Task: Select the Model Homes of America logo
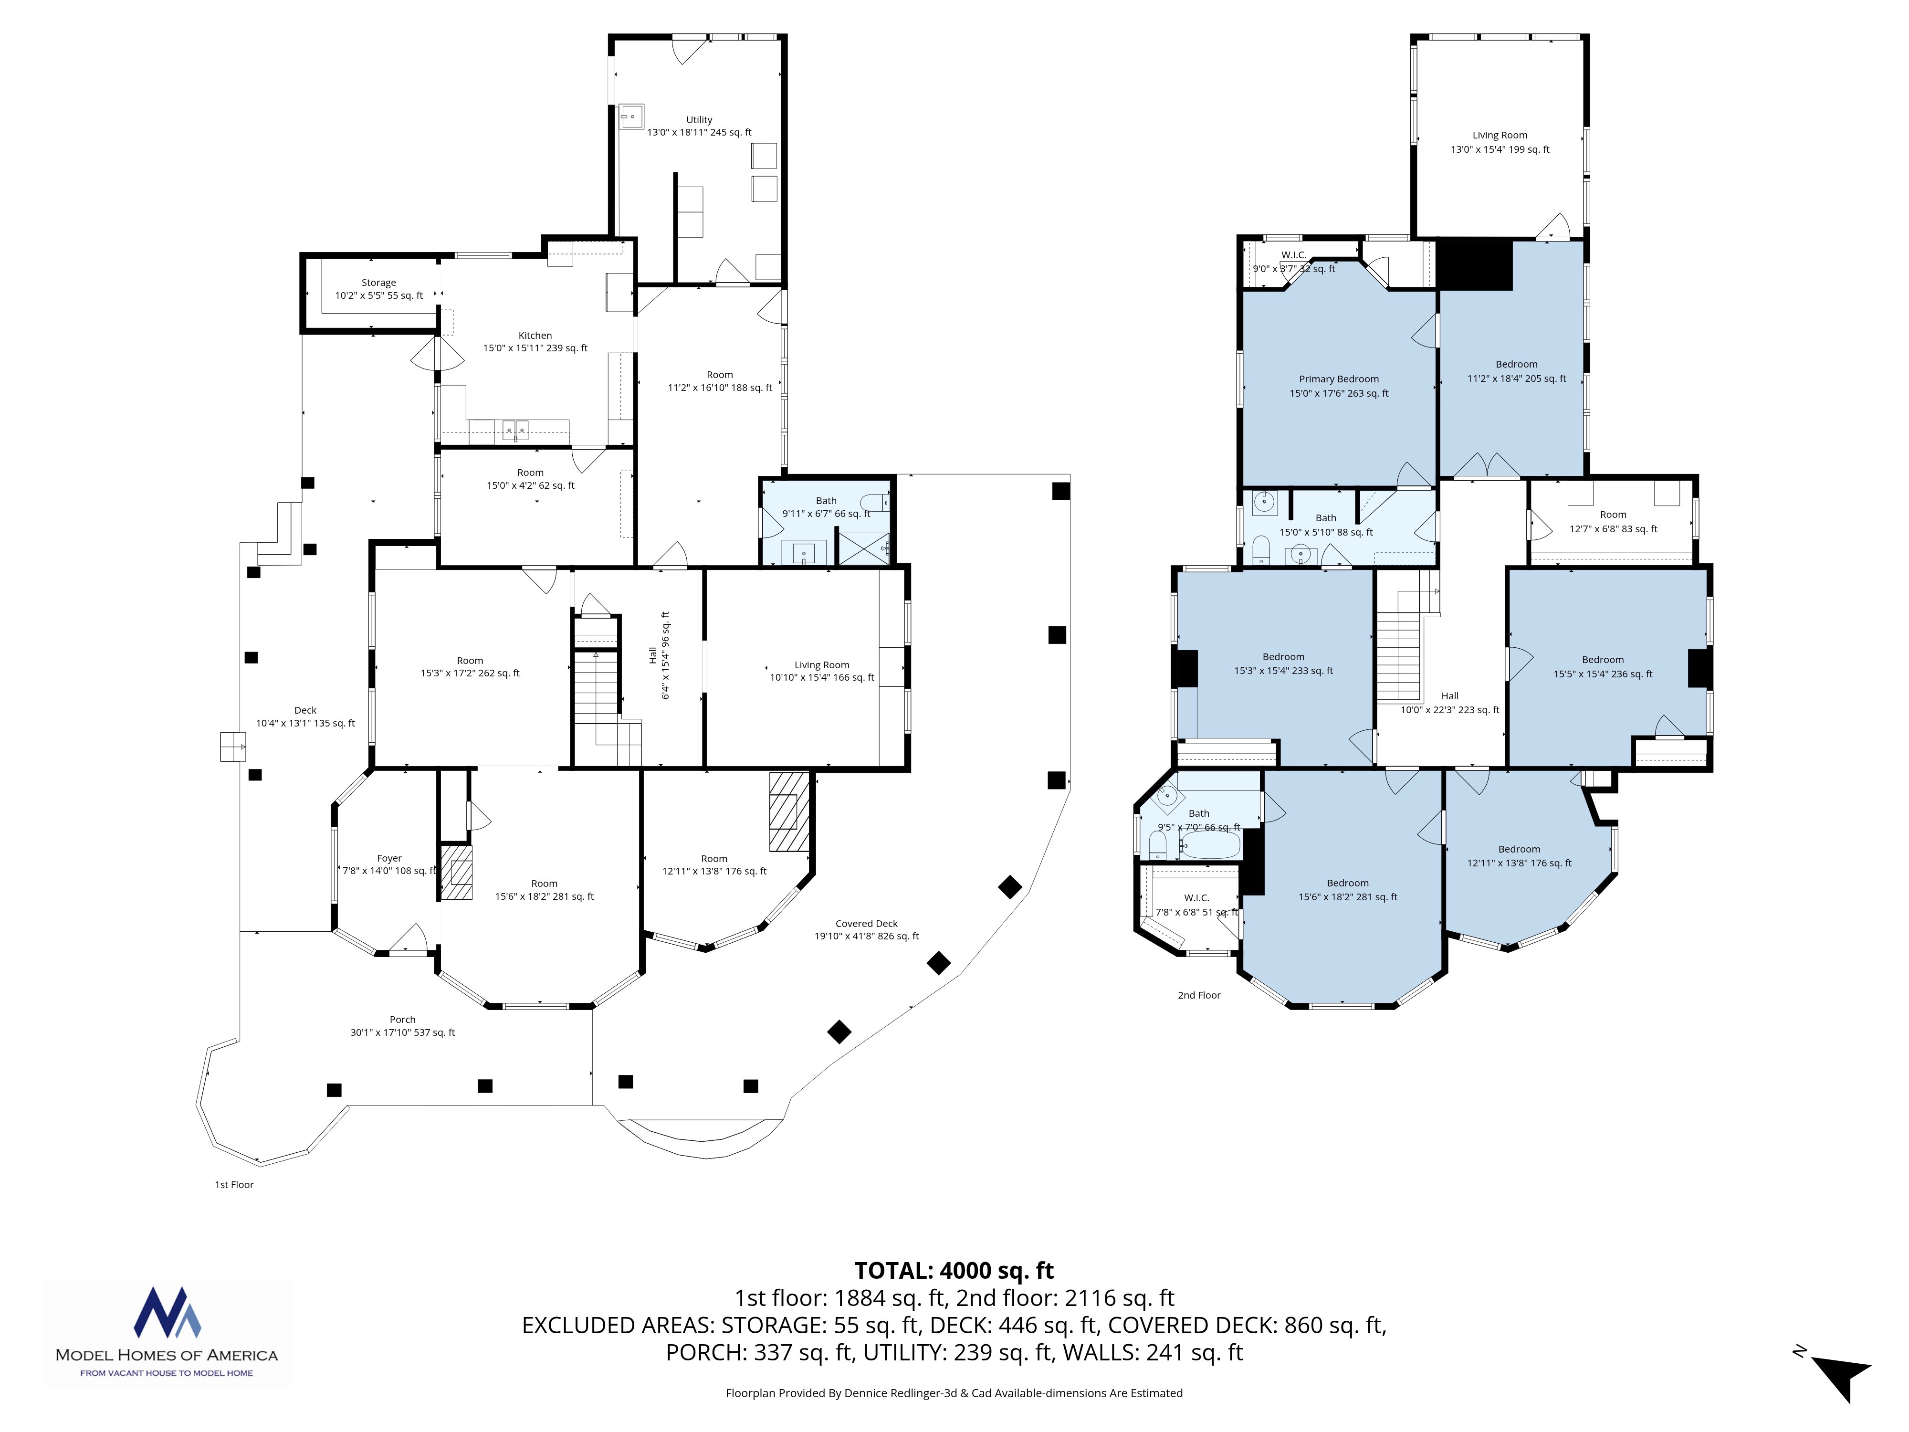coord(168,1333)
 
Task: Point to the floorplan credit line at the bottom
coord(954,1392)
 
